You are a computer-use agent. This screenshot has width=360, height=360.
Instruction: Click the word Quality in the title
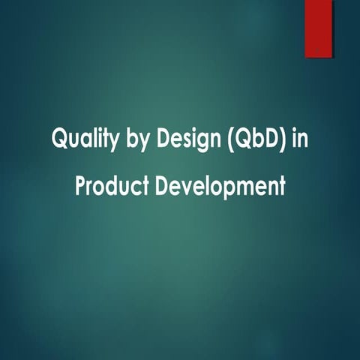pyautogui.click(x=77, y=139)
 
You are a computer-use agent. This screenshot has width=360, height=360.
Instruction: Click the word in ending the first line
pyautogui.click(x=298, y=139)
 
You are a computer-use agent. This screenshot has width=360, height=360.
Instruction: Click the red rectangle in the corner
pyautogui.click(x=318, y=28)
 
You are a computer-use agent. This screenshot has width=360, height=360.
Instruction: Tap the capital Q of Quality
pyautogui.click(x=58, y=139)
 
